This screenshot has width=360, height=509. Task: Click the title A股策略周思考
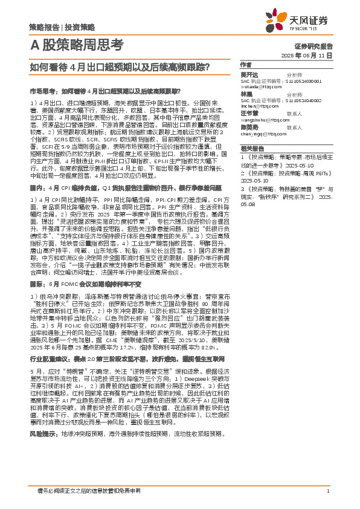pyautogui.click(x=76, y=46)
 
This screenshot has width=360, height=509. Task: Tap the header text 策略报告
pyautogui.click(x=45, y=27)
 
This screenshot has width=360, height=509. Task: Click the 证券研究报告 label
pyautogui.click(x=313, y=46)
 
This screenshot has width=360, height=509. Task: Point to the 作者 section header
pyautogui.click(x=245, y=65)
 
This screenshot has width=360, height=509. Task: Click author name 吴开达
pyautogui.click(x=249, y=74)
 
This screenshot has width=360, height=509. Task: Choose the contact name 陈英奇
pyautogui.click(x=249, y=128)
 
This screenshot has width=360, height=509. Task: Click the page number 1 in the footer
pyautogui.click(x=327, y=490)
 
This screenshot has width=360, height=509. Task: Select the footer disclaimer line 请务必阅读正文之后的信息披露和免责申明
pyautogui.click(x=89, y=490)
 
